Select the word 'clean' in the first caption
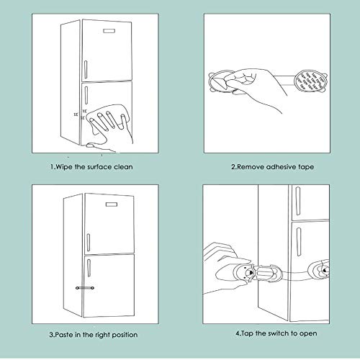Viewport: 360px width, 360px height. [122, 167]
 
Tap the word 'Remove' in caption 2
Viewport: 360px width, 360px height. [248, 167]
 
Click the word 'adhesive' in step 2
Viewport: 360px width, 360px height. [280, 167]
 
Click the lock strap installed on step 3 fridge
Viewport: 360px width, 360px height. [86, 287]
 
